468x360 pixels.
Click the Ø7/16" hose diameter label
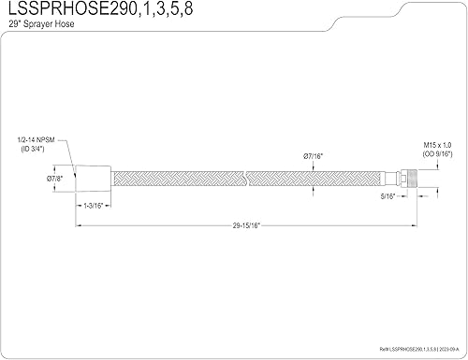click(314, 155)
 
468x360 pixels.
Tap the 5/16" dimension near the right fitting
click(388, 197)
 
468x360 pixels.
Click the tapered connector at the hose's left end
click(94, 176)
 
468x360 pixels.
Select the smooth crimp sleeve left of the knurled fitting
click(396, 176)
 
